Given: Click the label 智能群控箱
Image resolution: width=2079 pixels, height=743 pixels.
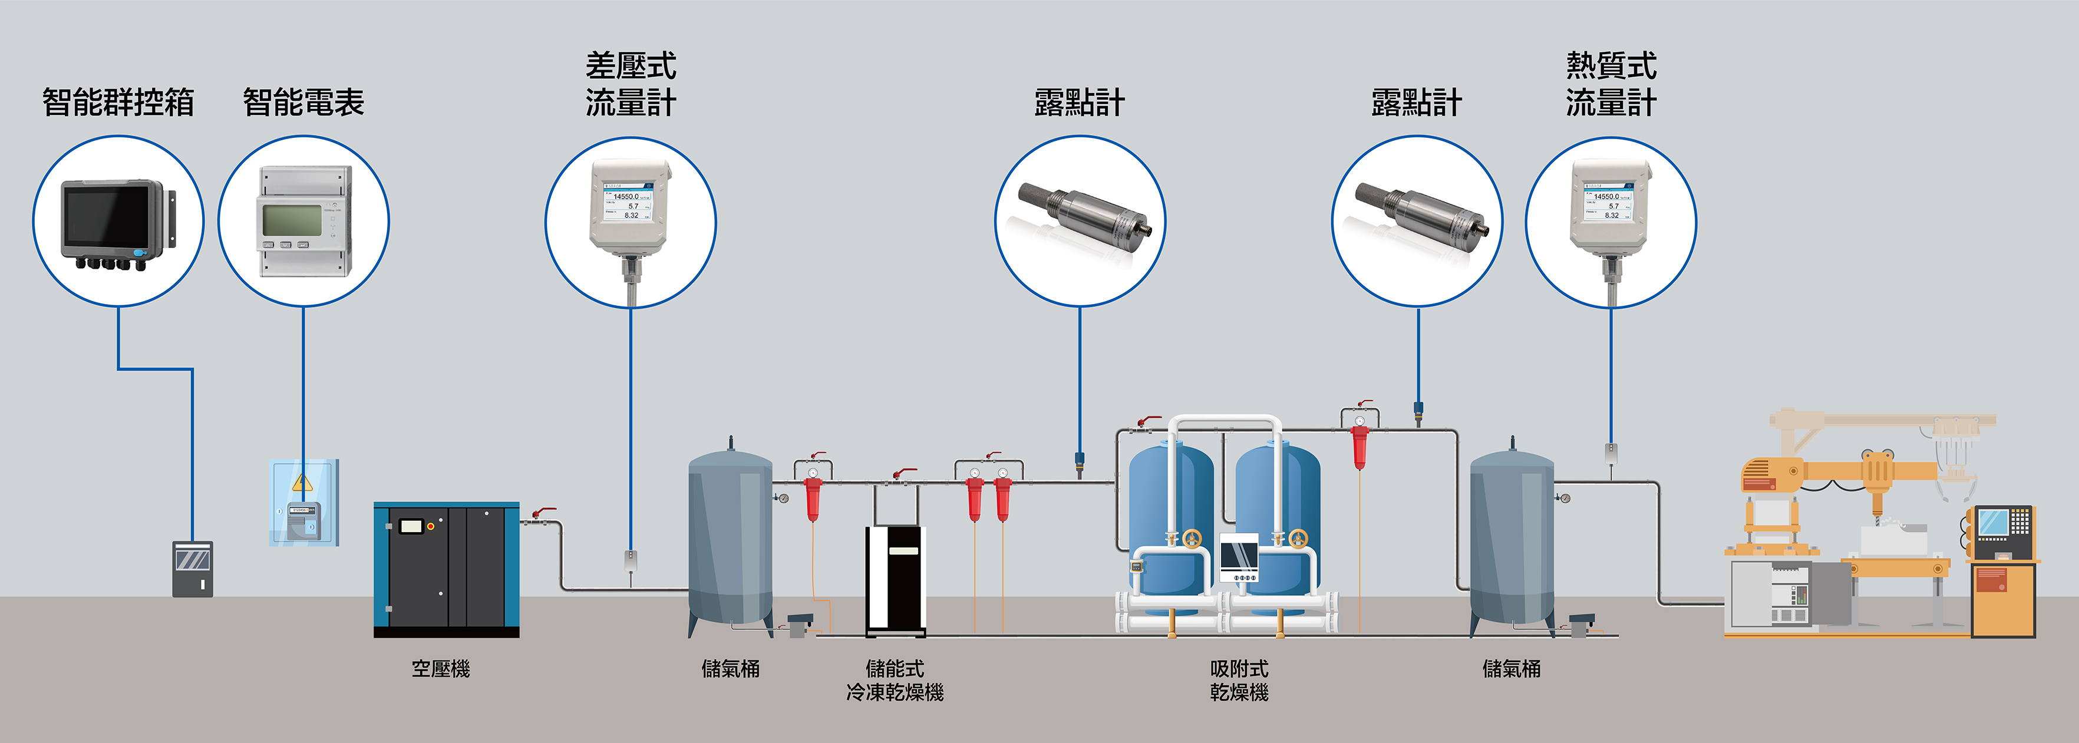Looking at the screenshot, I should click(x=118, y=103).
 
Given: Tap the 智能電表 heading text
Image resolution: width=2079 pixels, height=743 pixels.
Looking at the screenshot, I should click(x=303, y=103).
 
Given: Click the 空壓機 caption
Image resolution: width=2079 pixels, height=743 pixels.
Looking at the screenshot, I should click(x=441, y=669).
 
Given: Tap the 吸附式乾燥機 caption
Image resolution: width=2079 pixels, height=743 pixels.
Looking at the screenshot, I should click(x=1239, y=680).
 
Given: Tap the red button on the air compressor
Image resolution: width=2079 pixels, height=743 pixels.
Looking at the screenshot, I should click(x=431, y=527).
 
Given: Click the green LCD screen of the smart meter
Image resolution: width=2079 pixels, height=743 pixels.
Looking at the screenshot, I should click(x=292, y=219).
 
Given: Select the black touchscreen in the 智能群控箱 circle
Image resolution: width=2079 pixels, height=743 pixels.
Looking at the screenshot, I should click(x=107, y=216).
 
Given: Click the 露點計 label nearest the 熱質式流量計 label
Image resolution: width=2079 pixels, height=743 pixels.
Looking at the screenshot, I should click(x=1417, y=103).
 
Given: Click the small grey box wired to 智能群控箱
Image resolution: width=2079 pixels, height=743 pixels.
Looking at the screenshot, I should click(x=193, y=569).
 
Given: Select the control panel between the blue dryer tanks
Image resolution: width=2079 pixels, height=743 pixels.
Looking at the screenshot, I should click(x=1238, y=557).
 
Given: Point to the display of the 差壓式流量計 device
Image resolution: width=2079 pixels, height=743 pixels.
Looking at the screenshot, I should click(x=631, y=205).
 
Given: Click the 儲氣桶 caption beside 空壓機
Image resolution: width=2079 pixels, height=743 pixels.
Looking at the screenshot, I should click(x=730, y=669).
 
